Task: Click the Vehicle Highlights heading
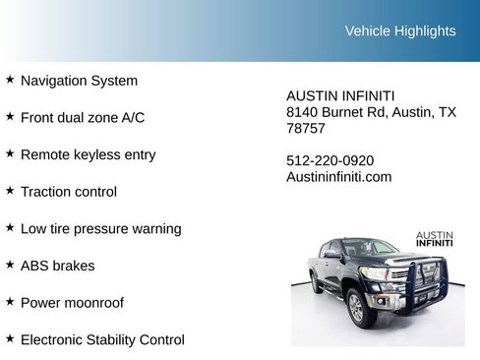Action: (400, 30)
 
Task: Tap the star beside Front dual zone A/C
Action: (10, 116)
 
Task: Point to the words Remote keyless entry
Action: (88, 154)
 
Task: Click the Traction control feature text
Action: (68, 192)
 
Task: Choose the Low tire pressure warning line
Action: (100, 228)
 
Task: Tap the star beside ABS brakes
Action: (10, 265)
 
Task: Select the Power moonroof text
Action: (72, 303)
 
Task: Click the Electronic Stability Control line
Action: (102, 339)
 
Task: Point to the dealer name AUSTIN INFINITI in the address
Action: (340, 95)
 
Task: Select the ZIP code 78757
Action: (306, 129)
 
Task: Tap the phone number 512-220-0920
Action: (330, 160)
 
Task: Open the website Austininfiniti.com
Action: (339, 177)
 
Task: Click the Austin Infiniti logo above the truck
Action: (434, 239)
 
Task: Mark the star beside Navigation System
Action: (10, 79)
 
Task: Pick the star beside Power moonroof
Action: (10, 301)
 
